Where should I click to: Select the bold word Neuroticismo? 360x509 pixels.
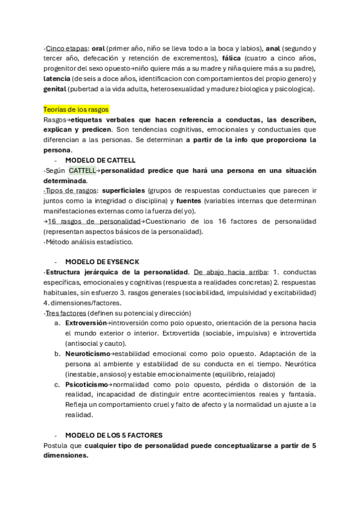pyautogui.click(x=88, y=354)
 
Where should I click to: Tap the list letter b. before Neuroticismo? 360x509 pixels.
pyautogui.click(x=56, y=354)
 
